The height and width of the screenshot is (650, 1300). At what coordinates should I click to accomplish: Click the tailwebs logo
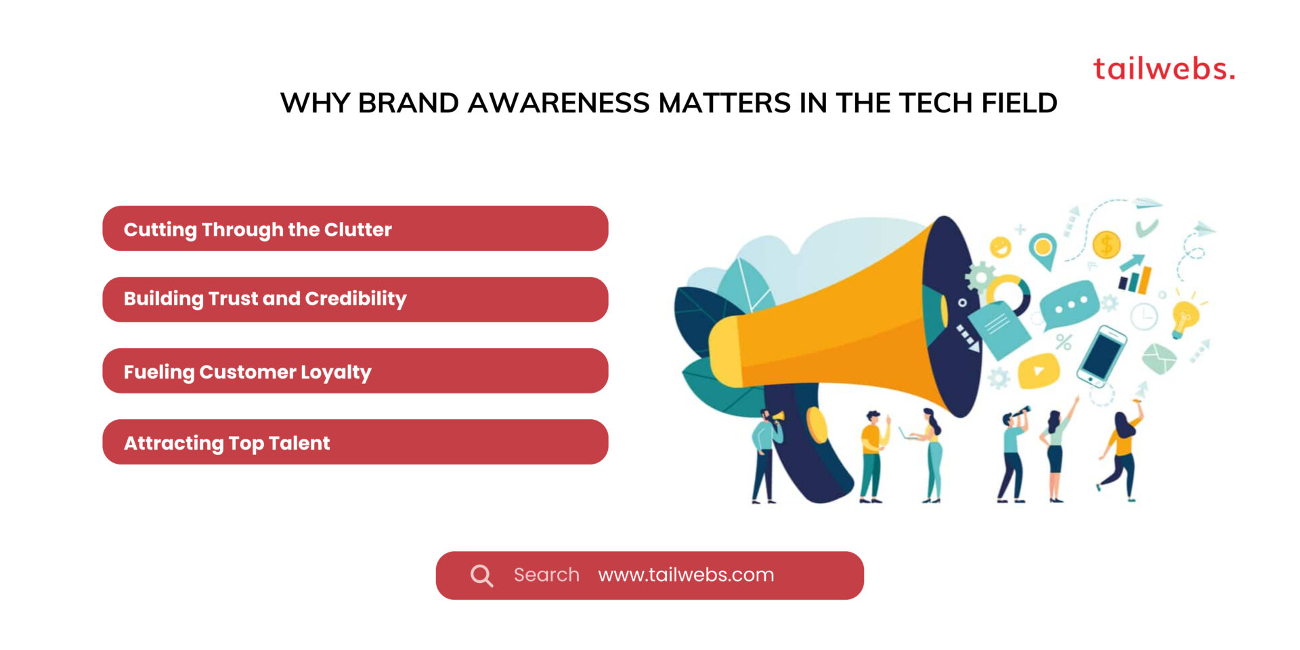click(x=1163, y=69)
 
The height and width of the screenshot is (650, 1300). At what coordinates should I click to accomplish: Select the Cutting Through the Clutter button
click(x=355, y=229)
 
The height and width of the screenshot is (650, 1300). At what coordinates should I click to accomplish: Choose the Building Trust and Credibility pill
click(x=355, y=299)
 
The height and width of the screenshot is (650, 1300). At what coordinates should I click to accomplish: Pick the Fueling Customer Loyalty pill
click(x=355, y=371)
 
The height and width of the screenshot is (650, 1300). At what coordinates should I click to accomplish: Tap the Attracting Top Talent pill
click(x=355, y=442)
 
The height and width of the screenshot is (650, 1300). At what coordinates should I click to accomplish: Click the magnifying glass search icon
click(x=481, y=576)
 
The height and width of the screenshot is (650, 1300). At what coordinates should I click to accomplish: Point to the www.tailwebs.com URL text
click(x=686, y=575)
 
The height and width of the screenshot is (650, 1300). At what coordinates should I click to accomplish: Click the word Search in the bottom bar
click(x=546, y=575)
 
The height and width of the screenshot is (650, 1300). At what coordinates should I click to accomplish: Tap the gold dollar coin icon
click(x=1106, y=244)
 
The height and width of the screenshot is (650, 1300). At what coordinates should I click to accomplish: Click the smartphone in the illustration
click(x=1102, y=355)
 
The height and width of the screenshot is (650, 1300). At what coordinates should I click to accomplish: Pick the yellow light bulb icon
click(x=1184, y=317)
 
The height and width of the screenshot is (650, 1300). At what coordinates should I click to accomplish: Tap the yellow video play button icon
click(x=1038, y=370)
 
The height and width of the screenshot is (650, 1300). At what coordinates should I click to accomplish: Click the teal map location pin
click(x=1043, y=249)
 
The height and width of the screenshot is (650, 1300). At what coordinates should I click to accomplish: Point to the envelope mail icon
click(x=1158, y=358)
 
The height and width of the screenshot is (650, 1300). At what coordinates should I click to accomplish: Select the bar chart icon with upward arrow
click(x=1135, y=275)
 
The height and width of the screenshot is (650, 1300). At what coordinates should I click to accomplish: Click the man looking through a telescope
click(x=1013, y=454)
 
